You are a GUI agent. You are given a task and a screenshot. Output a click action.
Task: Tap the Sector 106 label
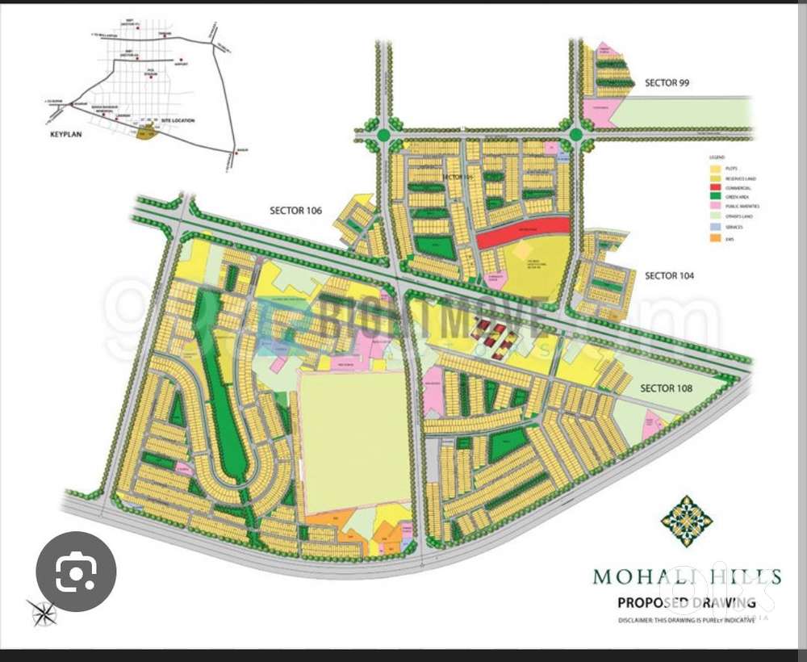295,211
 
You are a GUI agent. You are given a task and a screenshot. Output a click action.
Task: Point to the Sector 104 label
669,276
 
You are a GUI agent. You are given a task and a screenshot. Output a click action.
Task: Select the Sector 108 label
666,388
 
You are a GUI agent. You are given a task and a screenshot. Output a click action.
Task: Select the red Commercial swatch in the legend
716,187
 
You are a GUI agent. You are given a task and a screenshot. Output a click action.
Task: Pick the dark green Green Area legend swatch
716,197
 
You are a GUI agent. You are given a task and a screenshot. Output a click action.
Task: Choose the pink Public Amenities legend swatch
716,207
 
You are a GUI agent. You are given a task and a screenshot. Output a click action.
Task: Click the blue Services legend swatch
716,227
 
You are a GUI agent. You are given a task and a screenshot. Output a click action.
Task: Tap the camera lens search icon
76,572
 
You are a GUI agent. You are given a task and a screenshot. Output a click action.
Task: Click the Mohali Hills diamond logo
686,521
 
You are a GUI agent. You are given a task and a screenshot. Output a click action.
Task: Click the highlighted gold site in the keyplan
144,132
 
